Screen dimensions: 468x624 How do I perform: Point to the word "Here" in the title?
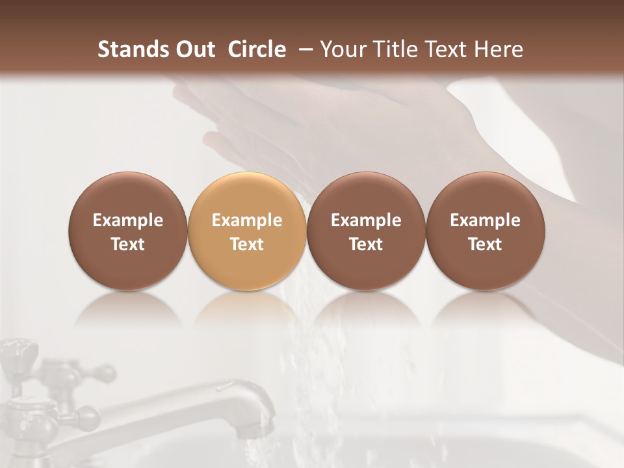[x=499, y=49]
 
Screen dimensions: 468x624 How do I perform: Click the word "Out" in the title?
[x=194, y=49]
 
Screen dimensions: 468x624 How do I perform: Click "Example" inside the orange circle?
[x=247, y=220]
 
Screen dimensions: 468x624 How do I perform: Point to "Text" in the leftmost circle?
[x=127, y=244]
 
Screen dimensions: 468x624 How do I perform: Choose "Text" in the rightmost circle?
[x=485, y=244]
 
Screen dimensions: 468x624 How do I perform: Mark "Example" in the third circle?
[x=366, y=220]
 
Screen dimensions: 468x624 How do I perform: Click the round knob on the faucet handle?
[x=104, y=373]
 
